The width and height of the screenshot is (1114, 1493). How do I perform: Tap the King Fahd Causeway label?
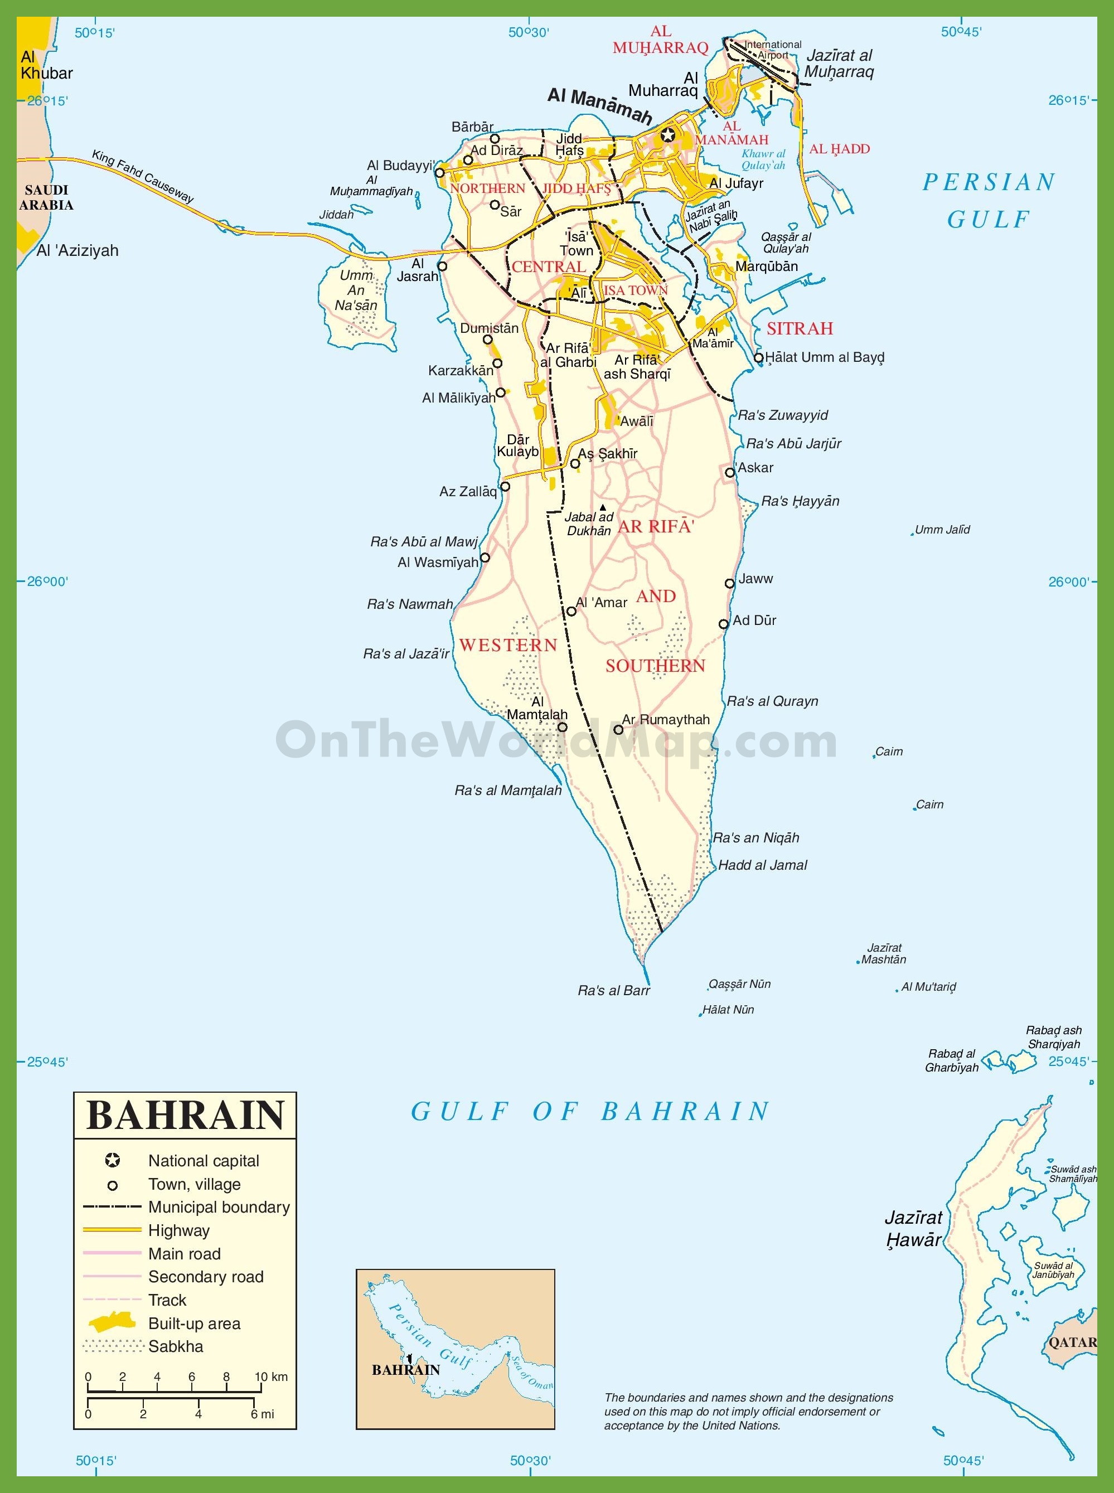coord(143,177)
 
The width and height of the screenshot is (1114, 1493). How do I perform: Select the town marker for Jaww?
coord(730,583)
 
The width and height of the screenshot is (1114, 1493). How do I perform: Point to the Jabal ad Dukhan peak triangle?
coord(603,508)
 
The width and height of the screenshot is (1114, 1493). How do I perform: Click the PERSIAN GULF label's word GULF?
coord(989,219)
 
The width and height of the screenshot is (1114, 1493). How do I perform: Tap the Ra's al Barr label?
coord(614,991)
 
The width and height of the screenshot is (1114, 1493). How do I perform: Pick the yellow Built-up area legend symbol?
coord(113,1322)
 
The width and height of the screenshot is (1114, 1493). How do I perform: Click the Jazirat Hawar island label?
coord(914,1229)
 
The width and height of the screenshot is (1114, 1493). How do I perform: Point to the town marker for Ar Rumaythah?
coord(618,730)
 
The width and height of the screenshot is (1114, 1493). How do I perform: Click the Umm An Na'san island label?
coord(356,290)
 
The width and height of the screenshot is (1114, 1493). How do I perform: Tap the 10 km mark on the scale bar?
coord(261,1390)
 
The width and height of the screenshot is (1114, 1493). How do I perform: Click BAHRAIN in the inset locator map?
coord(405,1370)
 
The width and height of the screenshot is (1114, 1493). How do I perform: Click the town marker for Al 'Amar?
coord(571,611)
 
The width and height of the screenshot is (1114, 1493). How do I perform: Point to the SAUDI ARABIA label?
coord(46,197)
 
